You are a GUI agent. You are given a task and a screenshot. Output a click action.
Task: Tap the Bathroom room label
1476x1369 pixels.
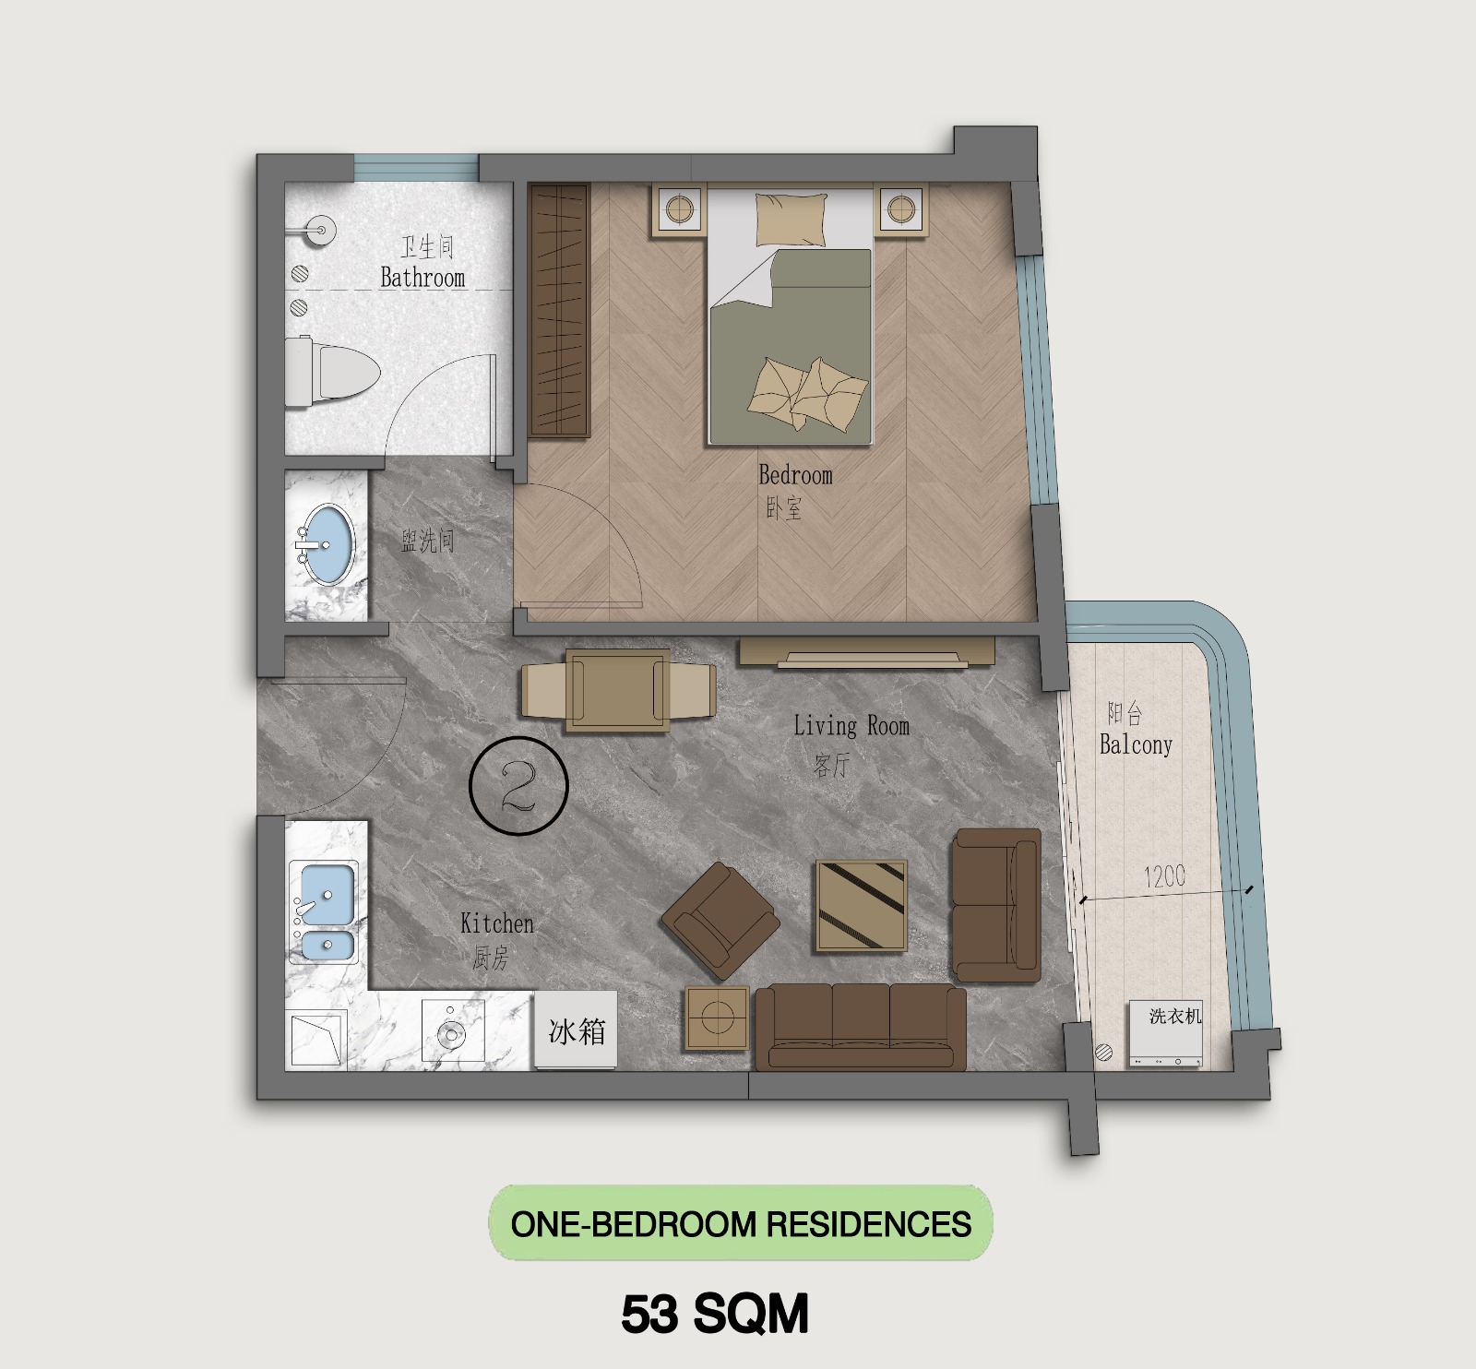tap(423, 278)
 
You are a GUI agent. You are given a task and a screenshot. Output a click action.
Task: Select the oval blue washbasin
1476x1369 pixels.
tap(327, 544)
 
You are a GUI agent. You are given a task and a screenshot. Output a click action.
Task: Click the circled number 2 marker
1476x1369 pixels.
tap(518, 786)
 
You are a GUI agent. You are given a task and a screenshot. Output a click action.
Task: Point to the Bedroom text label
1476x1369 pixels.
tap(795, 476)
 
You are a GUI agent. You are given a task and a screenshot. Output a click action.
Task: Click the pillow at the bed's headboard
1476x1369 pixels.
tap(791, 220)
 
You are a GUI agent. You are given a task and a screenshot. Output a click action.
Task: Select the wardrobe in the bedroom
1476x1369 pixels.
tap(560, 310)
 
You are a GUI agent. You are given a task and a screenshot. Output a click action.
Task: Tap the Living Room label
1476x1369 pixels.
tap(851, 727)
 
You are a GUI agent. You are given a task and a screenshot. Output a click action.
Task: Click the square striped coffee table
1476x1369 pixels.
tap(861, 907)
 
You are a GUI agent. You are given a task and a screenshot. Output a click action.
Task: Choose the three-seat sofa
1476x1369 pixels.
tap(861, 1027)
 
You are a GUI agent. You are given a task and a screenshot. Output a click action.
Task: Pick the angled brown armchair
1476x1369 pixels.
tap(720, 921)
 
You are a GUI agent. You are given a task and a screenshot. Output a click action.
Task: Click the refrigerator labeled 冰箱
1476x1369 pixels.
tap(576, 1030)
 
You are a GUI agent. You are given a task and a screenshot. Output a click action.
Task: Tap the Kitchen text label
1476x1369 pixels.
tap(496, 923)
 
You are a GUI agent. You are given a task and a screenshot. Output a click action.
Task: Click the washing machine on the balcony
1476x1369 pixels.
tap(1166, 1034)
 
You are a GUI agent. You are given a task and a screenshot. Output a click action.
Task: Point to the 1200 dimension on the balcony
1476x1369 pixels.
tap(1164, 876)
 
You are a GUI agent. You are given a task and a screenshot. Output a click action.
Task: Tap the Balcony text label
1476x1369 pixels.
tap(1136, 744)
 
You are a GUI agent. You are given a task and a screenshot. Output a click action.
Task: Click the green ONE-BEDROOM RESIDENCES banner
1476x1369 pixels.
tap(741, 1224)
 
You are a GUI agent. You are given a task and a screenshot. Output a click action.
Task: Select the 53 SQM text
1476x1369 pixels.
tap(715, 1314)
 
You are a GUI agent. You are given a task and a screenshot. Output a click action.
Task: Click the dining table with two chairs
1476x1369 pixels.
tap(618, 691)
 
